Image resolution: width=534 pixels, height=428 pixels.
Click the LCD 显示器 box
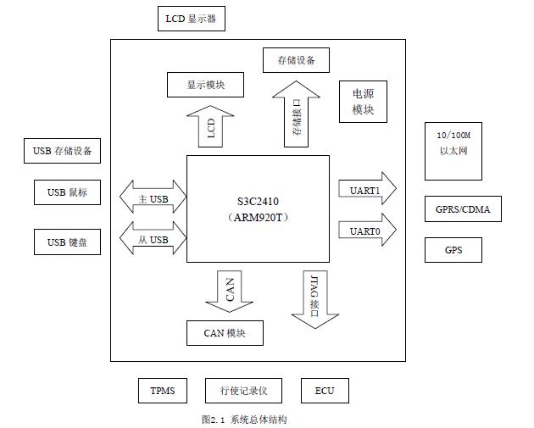pyautogui.click(x=192, y=18)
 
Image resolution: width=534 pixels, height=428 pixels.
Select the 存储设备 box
pyautogui.click(x=296, y=60)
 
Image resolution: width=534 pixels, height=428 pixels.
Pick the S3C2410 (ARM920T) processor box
pyautogui.click(x=258, y=208)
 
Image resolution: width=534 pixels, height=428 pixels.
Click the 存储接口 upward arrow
pyautogui.click(x=296, y=115)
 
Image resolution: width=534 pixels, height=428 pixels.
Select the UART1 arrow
pyautogui.click(x=367, y=190)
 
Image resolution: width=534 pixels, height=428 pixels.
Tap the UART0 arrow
pyautogui.click(x=367, y=231)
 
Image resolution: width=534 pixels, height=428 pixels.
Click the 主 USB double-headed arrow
pyautogui.click(x=153, y=198)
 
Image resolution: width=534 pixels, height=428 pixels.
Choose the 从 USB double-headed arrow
pyautogui.click(x=153, y=240)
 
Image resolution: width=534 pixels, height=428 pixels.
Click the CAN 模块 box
pyautogui.click(x=225, y=333)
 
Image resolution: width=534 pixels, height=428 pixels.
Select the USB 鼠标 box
pyautogui.click(x=67, y=192)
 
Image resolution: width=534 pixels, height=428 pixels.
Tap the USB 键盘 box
pyautogui.click(x=67, y=242)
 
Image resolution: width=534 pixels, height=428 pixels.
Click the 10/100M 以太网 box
pyautogui.click(x=453, y=151)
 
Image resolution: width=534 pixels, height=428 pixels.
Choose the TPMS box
pyautogui.click(x=162, y=391)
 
